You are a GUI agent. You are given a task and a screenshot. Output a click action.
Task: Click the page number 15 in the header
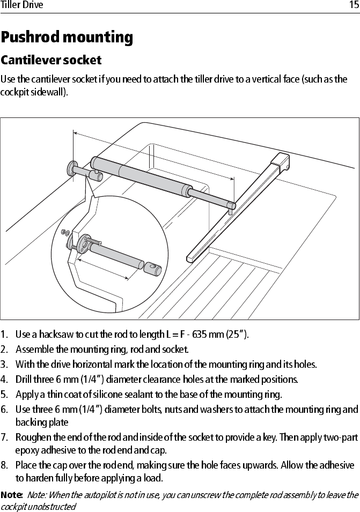point(353,5)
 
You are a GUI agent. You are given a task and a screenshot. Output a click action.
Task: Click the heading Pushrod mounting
point(67,38)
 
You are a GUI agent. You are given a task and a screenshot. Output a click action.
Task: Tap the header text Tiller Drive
point(22,5)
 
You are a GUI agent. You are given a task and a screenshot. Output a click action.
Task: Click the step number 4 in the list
point(4,380)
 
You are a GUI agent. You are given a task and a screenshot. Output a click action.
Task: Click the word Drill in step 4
point(25,380)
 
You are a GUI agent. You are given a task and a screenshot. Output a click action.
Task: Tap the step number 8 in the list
point(4,465)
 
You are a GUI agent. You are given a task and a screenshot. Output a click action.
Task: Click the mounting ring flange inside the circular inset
point(84,246)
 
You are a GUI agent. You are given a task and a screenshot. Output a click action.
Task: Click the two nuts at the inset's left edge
point(64,233)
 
